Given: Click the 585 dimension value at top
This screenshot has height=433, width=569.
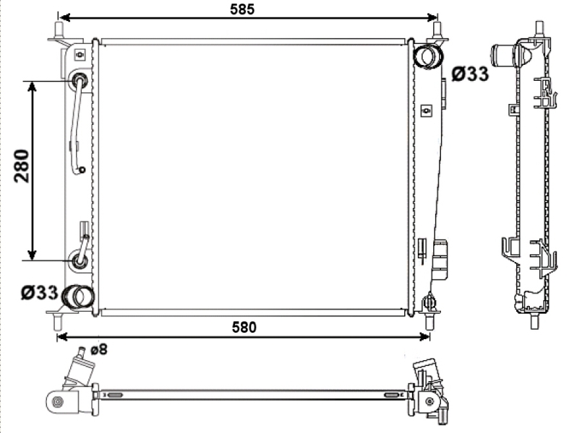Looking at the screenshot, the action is pyautogui.click(x=242, y=9).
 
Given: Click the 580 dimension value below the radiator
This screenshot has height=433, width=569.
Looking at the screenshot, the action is pyautogui.click(x=244, y=328).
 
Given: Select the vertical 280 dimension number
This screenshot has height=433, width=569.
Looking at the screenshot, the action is pyautogui.click(x=22, y=165).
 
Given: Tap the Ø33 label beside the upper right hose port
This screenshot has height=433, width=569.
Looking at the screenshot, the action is pyautogui.click(x=470, y=74).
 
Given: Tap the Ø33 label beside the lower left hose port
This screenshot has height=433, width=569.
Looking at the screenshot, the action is pyautogui.click(x=40, y=292).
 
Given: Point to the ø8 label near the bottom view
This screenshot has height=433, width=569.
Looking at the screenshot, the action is pyautogui.click(x=99, y=350).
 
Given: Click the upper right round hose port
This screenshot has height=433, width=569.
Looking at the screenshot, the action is pyautogui.click(x=429, y=56).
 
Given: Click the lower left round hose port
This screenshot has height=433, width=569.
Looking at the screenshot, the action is pyautogui.click(x=78, y=297).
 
